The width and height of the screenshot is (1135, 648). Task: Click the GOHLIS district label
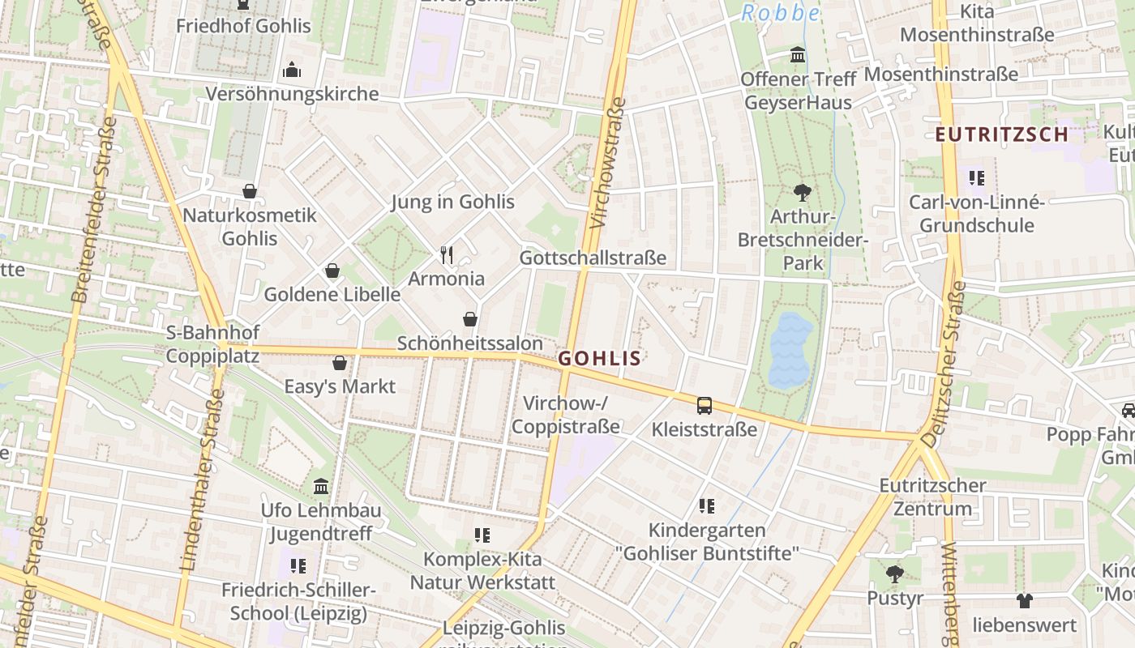(600, 359)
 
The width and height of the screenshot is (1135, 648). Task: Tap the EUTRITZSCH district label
(1002, 134)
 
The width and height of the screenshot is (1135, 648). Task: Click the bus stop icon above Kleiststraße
(705, 405)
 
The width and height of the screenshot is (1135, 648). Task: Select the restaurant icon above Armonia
(447, 255)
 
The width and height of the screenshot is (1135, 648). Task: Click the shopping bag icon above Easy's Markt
(340, 363)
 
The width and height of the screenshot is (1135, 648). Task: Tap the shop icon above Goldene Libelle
(332, 271)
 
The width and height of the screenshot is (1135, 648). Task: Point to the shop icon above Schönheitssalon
(470, 320)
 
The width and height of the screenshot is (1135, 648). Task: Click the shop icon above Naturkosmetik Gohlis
(250, 192)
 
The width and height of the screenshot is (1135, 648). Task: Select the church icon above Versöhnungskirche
(292, 70)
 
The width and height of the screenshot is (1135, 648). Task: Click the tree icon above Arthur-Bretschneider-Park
(803, 193)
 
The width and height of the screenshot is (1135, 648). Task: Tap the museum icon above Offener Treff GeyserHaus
(799, 56)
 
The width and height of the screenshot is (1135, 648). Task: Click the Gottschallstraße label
(593, 258)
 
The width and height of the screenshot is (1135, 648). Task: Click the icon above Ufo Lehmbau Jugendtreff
(321, 487)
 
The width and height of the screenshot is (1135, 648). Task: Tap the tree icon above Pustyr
(895, 575)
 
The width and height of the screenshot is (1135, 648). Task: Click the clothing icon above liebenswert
(1025, 601)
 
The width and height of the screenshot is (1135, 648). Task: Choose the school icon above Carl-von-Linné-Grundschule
(976, 178)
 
